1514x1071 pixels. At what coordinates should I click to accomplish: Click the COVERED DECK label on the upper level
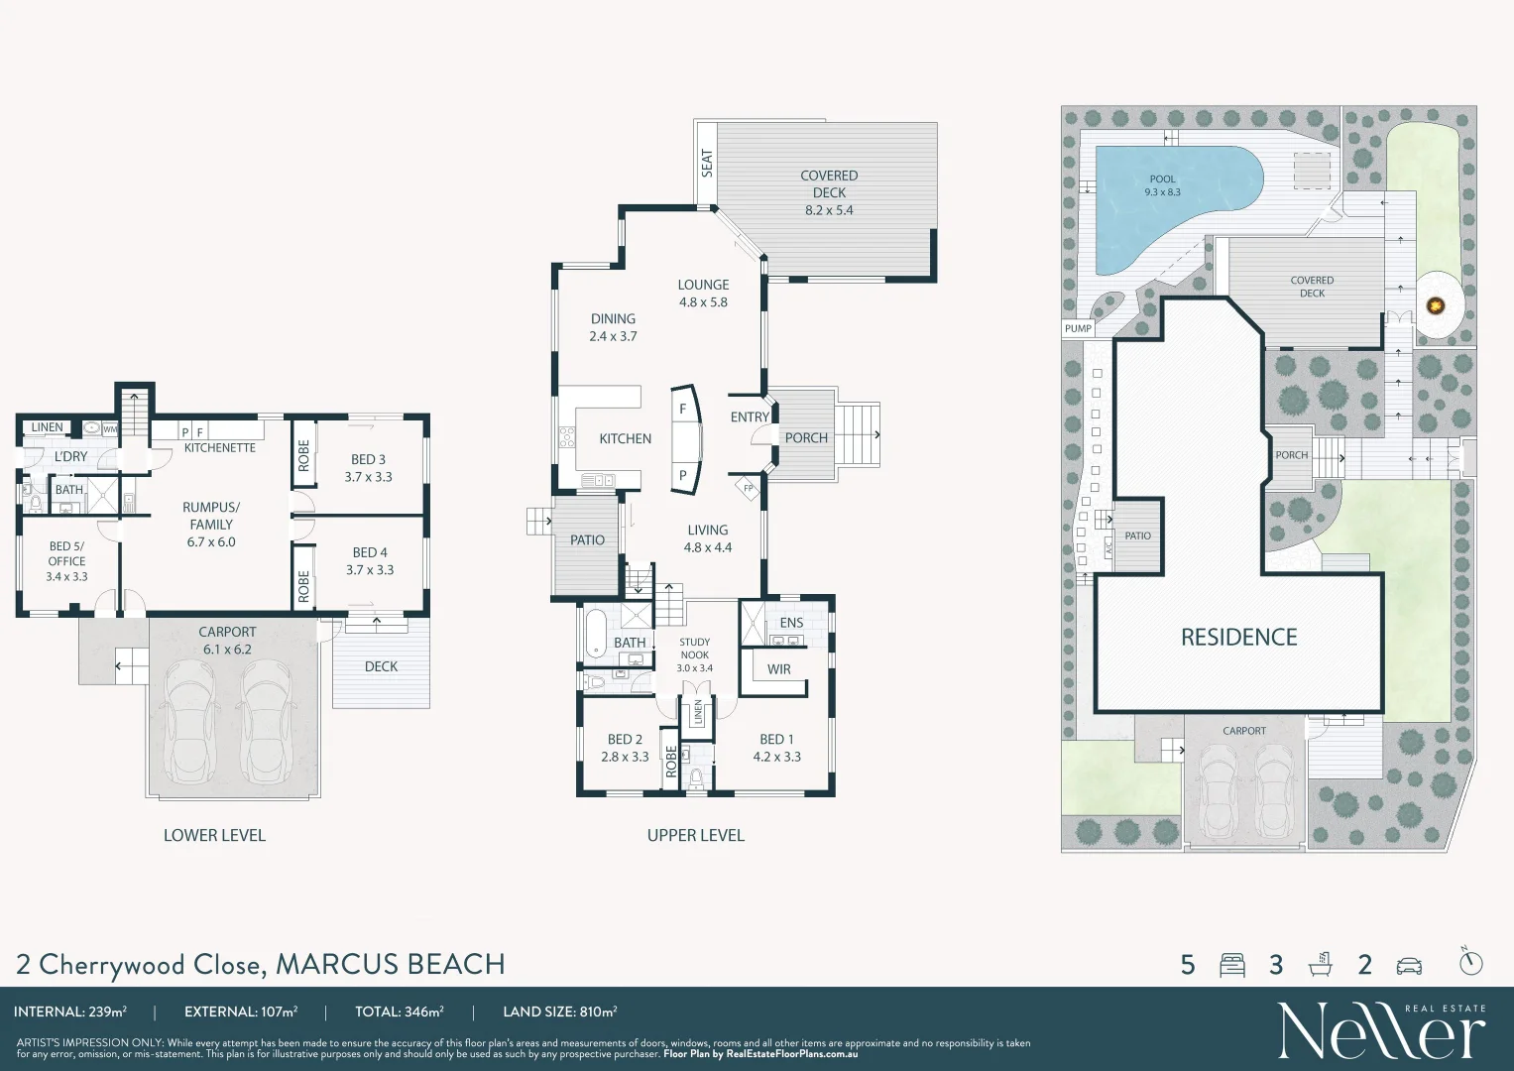829,192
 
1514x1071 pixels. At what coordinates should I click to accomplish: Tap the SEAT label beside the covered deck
707,163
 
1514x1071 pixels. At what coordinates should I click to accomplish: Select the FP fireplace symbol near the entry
749,488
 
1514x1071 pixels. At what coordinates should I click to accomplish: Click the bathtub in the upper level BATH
595,633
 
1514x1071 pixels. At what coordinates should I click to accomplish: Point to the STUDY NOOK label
694,654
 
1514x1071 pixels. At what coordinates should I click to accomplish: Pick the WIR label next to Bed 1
779,669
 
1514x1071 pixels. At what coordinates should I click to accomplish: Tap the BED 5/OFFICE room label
66,561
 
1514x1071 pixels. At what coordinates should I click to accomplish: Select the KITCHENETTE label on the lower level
220,448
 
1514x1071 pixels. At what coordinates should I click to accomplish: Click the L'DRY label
70,456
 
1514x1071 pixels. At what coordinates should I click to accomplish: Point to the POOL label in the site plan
1162,185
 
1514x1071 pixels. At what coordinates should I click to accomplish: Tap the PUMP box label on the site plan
1078,328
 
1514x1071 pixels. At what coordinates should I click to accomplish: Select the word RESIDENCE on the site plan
1238,638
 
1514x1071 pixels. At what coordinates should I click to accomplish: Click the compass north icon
1471,961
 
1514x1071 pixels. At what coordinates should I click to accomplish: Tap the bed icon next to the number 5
1232,965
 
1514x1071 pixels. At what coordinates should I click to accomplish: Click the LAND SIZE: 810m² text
559,1011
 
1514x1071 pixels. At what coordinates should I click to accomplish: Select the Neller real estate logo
1381,1030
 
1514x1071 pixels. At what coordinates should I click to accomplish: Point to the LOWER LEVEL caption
214,835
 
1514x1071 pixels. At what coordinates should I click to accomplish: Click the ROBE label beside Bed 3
304,455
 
